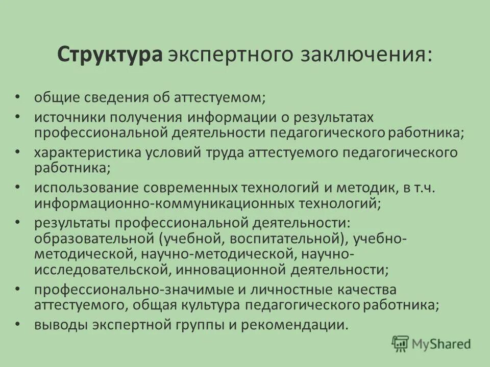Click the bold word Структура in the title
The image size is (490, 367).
[110, 55]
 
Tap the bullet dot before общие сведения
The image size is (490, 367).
[18, 95]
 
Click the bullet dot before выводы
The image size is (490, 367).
[18, 324]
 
